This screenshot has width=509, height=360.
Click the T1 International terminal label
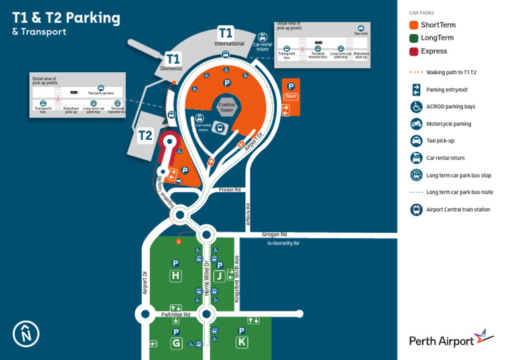click(x=226, y=33)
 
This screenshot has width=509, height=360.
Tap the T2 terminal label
click(x=145, y=136)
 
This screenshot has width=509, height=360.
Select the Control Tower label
click(x=227, y=107)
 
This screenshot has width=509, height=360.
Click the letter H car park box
click(x=176, y=276)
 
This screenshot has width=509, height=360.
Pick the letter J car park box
click(x=219, y=276)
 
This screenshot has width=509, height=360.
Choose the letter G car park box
click(x=176, y=343)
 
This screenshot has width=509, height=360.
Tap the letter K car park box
click(x=242, y=342)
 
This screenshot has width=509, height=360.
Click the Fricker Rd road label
click(x=229, y=190)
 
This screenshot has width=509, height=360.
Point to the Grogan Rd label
click(x=274, y=235)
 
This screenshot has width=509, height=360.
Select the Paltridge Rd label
click(x=176, y=315)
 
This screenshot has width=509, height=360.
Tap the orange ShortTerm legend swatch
click(x=414, y=25)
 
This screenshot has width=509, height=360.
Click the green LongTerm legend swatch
click(x=414, y=38)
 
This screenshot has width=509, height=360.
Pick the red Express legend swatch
click(x=414, y=51)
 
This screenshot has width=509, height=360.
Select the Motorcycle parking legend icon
click(x=416, y=124)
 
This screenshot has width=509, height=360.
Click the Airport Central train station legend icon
click(x=416, y=210)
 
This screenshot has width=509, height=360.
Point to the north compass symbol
click(x=26, y=333)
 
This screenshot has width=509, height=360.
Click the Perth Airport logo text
click(x=441, y=341)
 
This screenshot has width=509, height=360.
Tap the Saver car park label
click(x=290, y=96)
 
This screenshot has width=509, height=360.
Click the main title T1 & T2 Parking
click(x=66, y=18)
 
